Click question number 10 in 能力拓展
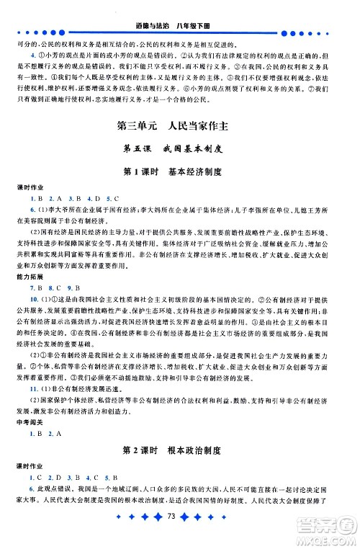pyautogui.click(x=34, y=298)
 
